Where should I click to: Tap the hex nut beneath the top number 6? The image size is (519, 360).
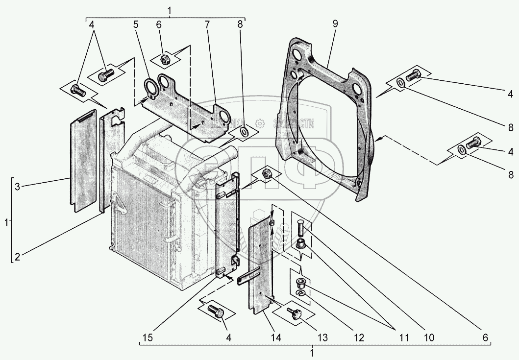[x=165, y=60]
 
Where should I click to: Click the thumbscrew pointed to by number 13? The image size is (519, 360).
[x=294, y=315]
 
